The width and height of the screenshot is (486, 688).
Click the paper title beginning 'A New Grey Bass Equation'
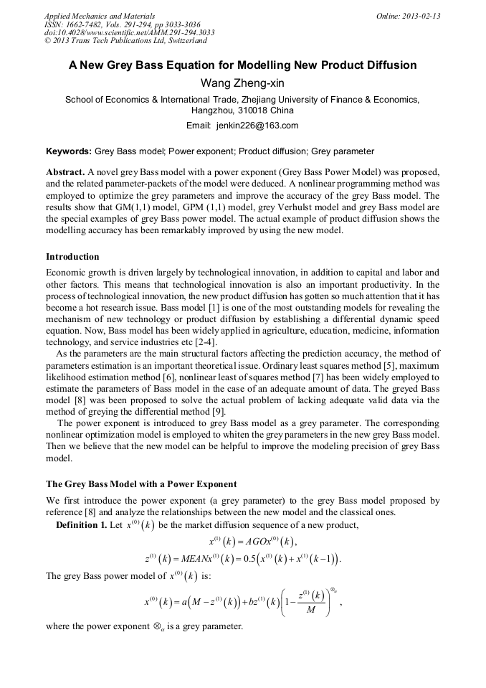point(242,65)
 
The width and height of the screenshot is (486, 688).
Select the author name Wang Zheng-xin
point(242,83)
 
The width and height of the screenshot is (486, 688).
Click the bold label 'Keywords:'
point(68,151)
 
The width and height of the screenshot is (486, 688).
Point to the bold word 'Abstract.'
point(65,174)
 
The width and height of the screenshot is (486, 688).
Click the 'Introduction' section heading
point(72,256)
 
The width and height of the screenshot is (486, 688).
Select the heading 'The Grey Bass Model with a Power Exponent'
point(141,484)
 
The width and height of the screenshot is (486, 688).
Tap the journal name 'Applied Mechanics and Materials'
point(99,15)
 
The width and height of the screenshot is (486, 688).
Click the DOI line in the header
point(129,32)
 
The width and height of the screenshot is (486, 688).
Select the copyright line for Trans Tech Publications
point(125,41)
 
